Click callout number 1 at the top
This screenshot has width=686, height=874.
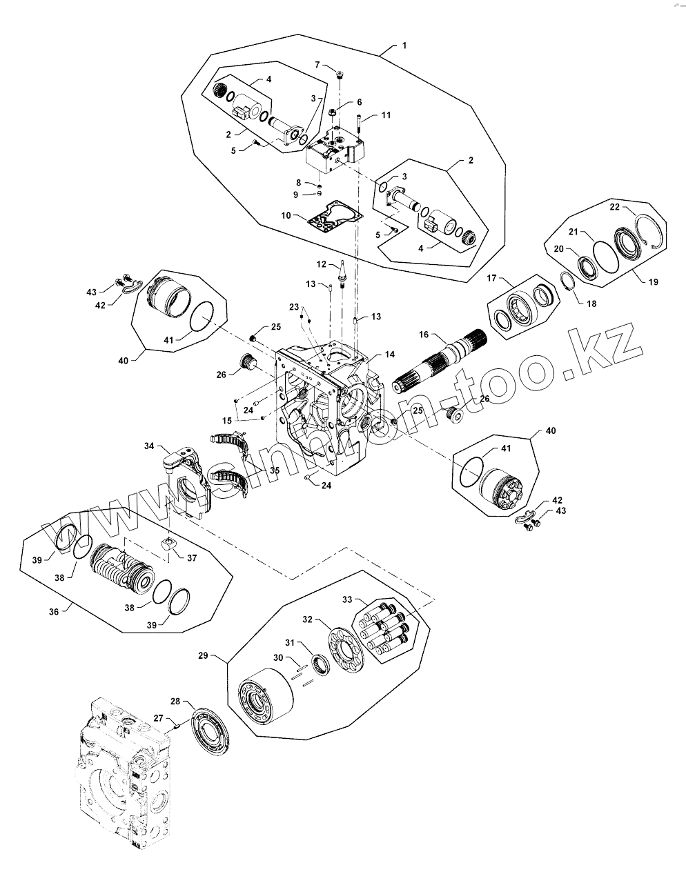404,46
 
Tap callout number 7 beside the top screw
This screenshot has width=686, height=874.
318,64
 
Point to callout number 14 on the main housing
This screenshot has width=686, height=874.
390,354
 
